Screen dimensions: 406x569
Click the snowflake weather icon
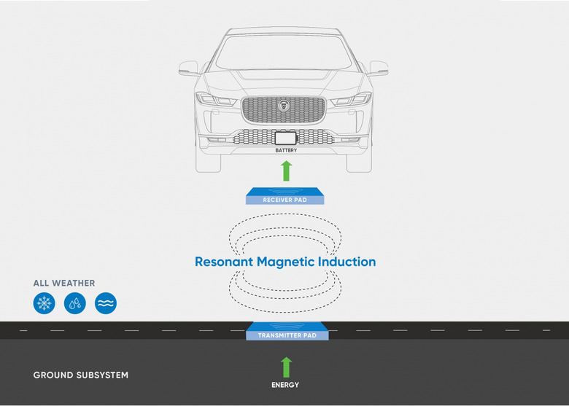tap(44, 303)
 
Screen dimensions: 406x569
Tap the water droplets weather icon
tap(75, 303)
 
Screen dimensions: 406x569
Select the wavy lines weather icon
tap(106, 303)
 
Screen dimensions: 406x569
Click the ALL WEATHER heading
tap(64, 283)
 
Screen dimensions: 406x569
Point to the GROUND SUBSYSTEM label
tap(81, 375)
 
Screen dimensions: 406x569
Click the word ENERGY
tap(286, 385)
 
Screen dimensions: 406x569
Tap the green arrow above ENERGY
tap(286, 367)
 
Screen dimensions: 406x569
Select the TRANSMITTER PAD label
tap(287, 335)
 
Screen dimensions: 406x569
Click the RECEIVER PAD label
tap(286, 199)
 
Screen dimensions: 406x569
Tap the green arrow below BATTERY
tap(286, 171)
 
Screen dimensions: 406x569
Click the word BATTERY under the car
tap(286, 150)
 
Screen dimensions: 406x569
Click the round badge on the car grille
tap(284, 106)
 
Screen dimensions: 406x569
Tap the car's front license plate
tap(285, 138)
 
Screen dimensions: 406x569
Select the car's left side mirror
tap(188, 69)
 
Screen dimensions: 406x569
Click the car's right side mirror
tap(379, 69)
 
